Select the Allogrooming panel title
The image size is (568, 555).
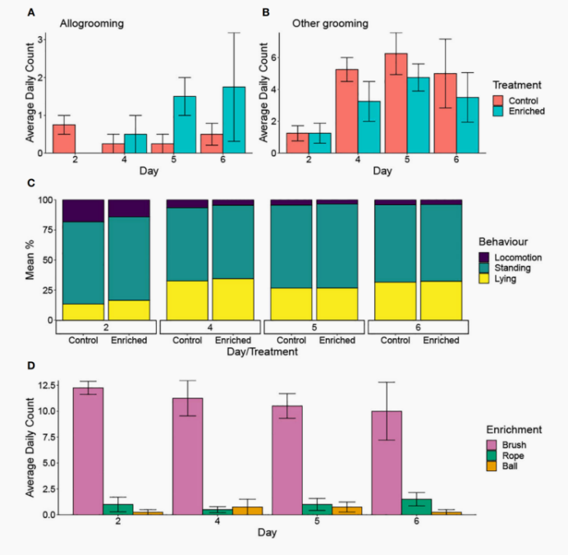[92, 24]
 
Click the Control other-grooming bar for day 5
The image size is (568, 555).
[396, 103]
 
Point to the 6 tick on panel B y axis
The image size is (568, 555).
[273, 57]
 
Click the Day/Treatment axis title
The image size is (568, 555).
[260, 351]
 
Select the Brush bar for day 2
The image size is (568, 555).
[89, 451]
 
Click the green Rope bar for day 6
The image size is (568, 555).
[416, 507]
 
